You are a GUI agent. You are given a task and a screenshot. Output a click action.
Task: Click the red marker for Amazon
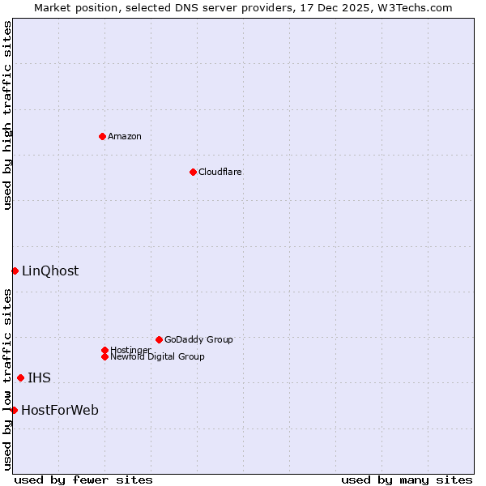pos(102,136)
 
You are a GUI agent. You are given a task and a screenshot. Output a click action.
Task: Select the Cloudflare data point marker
pos(193,172)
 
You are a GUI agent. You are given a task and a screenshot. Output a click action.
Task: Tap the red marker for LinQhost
pos(15,271)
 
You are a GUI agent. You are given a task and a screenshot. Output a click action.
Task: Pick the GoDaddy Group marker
pos(159,339)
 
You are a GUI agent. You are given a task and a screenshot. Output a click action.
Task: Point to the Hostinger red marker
pos(104,350)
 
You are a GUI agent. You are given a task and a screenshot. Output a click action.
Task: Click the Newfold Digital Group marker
pos(104,356)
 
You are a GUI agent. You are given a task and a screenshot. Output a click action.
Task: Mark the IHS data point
pos(20,377)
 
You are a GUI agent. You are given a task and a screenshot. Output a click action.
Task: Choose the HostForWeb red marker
pos(14,410)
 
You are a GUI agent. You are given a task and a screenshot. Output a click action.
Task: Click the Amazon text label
pos(125,136)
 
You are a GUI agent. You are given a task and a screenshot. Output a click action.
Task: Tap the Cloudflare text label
pos(220,172)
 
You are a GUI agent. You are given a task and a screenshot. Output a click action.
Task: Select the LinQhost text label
pos(50,271)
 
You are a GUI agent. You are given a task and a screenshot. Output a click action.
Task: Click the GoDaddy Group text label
pos(198,339)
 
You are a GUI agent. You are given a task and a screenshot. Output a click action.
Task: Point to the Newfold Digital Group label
pos(158,356)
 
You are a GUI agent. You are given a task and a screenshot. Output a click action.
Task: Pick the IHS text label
pos(39,378)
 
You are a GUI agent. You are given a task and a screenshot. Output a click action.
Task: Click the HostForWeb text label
pos(60,411)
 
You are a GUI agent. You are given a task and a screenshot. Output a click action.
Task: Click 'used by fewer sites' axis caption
pos(83,480)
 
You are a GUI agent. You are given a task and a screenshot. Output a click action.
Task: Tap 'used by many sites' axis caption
pos(407,480)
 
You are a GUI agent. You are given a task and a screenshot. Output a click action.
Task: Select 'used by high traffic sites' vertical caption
pos(7,115)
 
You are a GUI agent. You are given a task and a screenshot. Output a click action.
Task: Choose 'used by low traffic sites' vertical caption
pos(7,379)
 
